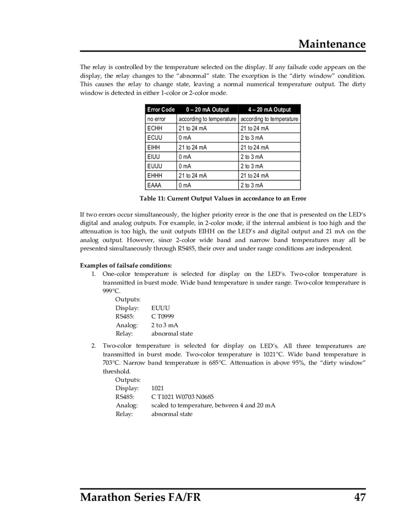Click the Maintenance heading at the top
(332, 44)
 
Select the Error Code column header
(161, 109)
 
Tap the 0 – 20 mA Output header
(207, 109)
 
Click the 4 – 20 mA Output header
(269, 109)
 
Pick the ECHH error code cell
(155, 129)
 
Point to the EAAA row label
(155, 186)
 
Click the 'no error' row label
(156, 119)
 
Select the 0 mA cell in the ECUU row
(184, 138)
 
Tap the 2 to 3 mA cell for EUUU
(251, 166)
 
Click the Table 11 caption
(223, 199)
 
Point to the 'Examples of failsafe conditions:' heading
(126, 265)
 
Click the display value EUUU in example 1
(160, 308)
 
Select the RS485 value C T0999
(162, 316)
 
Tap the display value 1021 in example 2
(158, 388)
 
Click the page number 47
(359, 497)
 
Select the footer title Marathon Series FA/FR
(140, 497)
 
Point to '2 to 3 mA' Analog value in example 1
(164, 325)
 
